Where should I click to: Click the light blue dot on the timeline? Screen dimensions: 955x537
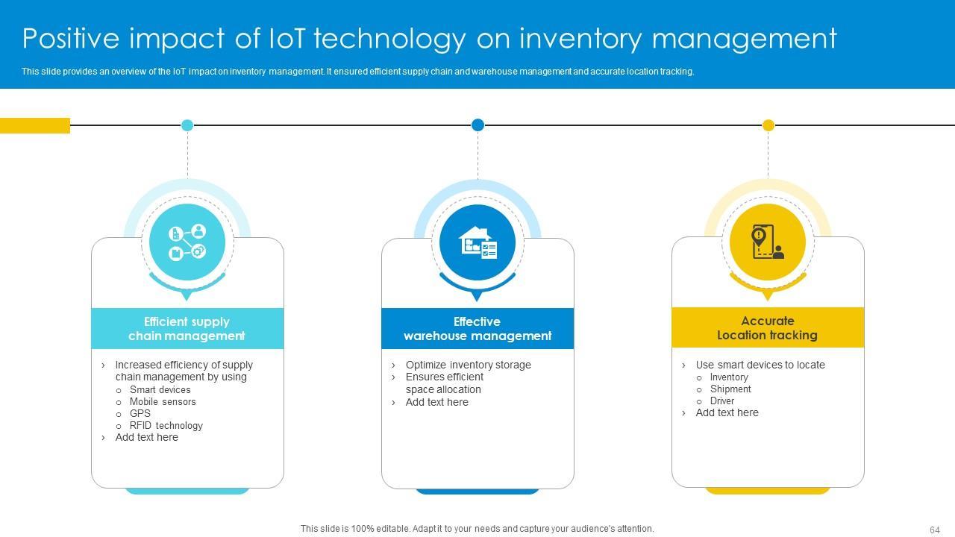point(187,125)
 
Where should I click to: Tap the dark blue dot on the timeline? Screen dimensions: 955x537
point(477,125)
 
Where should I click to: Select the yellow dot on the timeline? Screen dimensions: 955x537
point(768,125)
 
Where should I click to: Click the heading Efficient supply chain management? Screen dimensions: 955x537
point(187,329)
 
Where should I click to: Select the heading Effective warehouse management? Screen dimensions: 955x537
point(477,329)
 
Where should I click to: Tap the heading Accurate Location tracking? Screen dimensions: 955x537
point(768,328)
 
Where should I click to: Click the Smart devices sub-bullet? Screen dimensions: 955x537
point(160,389)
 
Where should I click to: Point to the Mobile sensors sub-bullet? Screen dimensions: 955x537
point(163,401)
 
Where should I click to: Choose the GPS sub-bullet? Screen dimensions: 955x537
point(140,413)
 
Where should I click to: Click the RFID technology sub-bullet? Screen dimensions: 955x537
point(166,425)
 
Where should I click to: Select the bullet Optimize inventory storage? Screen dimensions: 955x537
point(468,365)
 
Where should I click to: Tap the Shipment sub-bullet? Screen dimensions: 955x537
point(730,389)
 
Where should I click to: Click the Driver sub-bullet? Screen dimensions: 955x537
point(722,401)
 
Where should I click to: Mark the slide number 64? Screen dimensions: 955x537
point(934,530)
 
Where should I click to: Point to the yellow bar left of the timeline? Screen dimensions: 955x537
point(35,125)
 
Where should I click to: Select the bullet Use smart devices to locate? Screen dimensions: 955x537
point(760,365)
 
